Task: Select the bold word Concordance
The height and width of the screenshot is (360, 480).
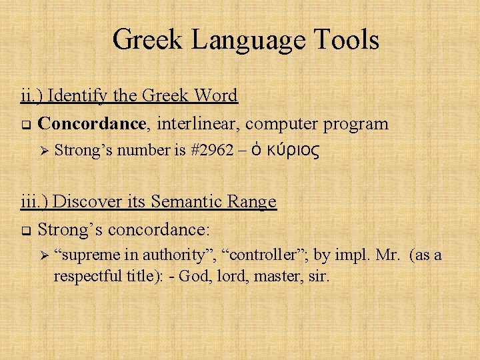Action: click(x=92, y=123)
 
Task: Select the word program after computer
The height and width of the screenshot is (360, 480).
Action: click(x=356, y=123)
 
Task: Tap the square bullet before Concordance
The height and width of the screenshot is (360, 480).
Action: click(x=25, y=125)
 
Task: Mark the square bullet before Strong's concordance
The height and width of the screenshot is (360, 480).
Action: click(x=25, y=231)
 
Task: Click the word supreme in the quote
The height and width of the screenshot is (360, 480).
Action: click(x=89, y=256)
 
